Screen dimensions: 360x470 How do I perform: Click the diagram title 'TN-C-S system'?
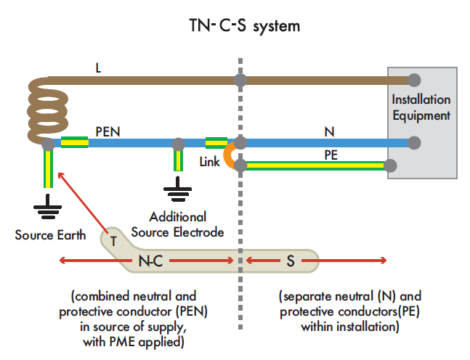tap(234, 26)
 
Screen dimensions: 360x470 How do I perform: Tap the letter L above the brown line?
tap(98, 68)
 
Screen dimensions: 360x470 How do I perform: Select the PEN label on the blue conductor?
tap(108, 133)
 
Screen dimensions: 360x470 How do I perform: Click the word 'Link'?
tap(209, 162)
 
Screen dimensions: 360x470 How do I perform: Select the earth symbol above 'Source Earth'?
tap(48, 206)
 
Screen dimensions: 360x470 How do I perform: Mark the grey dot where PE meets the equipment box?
tap(390, 165)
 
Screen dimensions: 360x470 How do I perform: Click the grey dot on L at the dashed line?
tap(240, 80)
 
